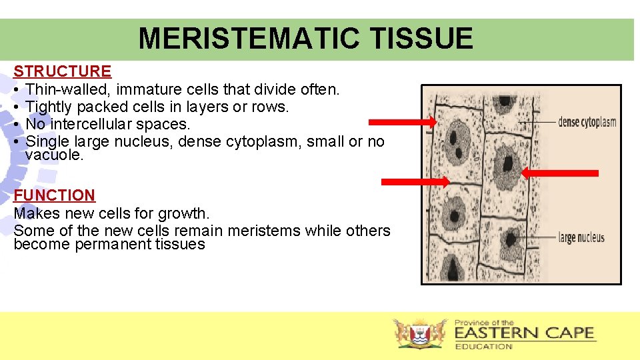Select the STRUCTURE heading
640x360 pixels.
62,71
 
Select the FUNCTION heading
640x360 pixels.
54,195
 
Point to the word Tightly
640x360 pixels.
49,107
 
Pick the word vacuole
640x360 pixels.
54,155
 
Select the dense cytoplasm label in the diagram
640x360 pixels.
587,122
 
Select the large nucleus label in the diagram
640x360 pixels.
581,237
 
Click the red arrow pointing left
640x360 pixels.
559,173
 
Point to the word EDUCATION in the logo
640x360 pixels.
483,347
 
